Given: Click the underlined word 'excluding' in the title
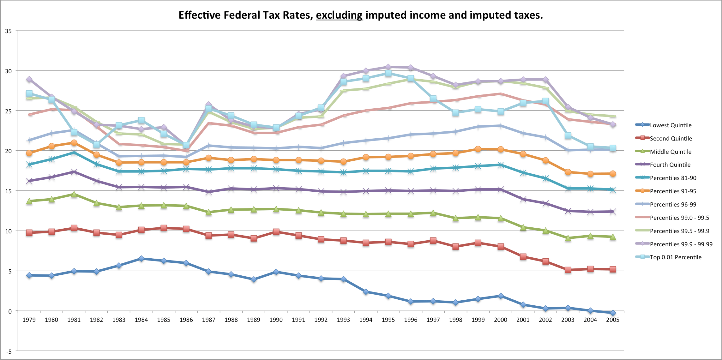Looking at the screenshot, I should click(339, 15).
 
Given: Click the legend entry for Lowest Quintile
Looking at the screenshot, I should click(670, 125).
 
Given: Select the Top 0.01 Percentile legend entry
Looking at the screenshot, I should click(675, 257).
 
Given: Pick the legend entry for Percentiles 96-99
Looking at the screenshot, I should click(673, 205).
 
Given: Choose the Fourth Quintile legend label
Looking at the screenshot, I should click(670, 165).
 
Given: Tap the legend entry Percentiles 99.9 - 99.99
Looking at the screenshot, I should click(681, 244).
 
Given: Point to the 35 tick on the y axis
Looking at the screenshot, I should click(9, 31).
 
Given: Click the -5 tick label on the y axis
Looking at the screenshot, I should click(9, 351).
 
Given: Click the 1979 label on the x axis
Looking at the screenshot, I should click(29, 320).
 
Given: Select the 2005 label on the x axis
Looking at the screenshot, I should click(613, 320).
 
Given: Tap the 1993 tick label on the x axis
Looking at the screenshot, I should click(343, 320).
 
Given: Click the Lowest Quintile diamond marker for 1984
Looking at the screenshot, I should click(141, 259).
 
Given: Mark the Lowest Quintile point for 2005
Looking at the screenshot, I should click(613, 313).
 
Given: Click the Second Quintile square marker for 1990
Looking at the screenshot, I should click(276, 232).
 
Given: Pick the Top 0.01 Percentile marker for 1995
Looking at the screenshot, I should click(388, 73).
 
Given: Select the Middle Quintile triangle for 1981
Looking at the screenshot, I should click(74, 194).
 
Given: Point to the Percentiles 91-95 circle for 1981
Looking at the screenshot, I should click(74, 143).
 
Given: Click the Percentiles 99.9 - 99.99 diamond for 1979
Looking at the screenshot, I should click(29, 79).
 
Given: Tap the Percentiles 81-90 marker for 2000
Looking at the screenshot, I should click(500, 165).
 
